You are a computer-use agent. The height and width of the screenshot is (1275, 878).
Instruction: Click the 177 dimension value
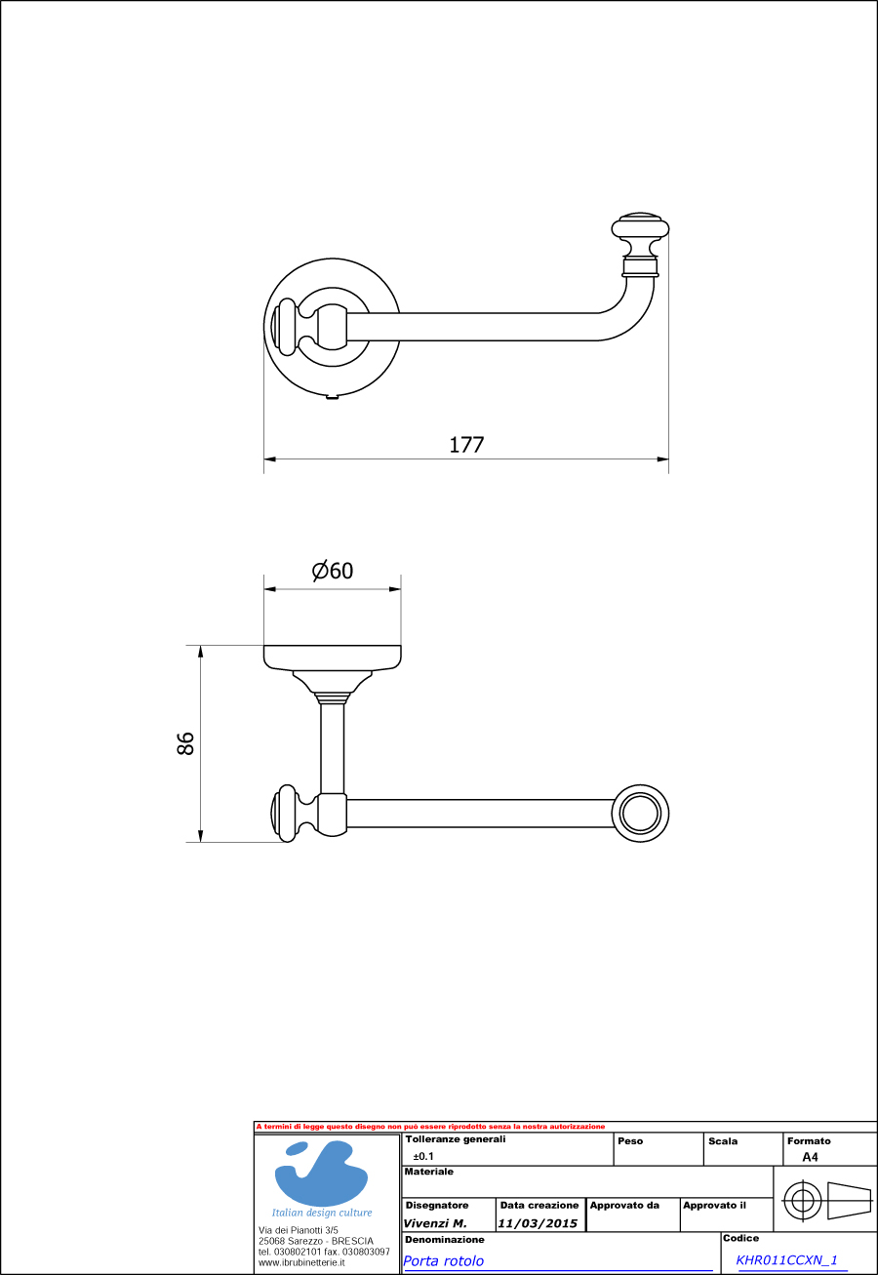pyautogui.click(x=466, y=445)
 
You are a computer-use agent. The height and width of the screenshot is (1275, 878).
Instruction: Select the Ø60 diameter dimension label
pyautogui.click(x=333, y=572)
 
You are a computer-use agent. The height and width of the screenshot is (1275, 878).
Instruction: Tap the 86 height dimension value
pyautogui.click(x=186, y=742)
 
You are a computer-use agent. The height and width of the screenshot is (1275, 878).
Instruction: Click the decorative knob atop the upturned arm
pyautogui.click(x=640, y=230)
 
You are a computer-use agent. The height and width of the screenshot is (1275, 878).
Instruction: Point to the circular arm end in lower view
pyautogui.click(x=641, y=813)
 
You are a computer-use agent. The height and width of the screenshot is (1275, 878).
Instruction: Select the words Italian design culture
pyautogui.click(x=322, y=1213)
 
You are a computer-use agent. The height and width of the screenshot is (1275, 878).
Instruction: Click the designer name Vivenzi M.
pyautogui.click(x=435, y=1223)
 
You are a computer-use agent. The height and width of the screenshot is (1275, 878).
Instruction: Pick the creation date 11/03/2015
pyautogui.click(x=538, y=1223)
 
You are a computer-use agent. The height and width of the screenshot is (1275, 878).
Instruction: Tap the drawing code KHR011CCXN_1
pyautogui.click(x=787, y=1259)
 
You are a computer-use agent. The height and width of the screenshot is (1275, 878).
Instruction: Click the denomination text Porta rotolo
pyautogui.click(x=444, y=1260)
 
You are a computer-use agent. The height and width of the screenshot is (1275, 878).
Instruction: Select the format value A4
pyautogui.click(x=810, y=1157)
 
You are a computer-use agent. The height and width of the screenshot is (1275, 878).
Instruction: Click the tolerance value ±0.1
pyautogui.click(x=423, y=1156)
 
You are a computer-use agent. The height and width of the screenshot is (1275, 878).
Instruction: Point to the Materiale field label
pyautogui.click(x=429, y=1172)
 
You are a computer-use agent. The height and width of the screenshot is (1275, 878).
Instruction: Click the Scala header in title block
pyautogui.click(x=723, y=1140)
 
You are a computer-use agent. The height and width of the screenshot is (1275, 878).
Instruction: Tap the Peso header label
pyautogui.click(x=630, y=1140)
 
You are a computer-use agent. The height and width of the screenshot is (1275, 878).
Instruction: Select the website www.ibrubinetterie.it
pyautogui.click(x=301, y=1262)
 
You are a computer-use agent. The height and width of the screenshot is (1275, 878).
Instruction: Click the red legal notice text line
pyautogui.click(x=430, y=1127)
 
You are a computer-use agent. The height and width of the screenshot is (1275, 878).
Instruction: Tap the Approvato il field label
pyautogui.click(x=714, y=1205)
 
